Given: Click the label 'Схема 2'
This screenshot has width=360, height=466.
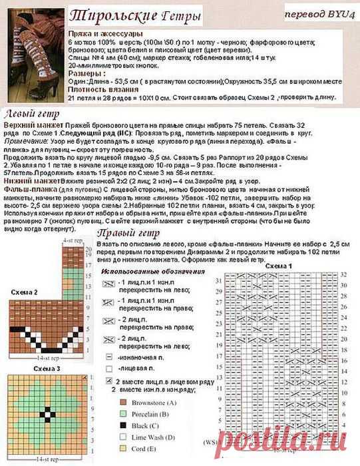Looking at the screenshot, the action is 25,292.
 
